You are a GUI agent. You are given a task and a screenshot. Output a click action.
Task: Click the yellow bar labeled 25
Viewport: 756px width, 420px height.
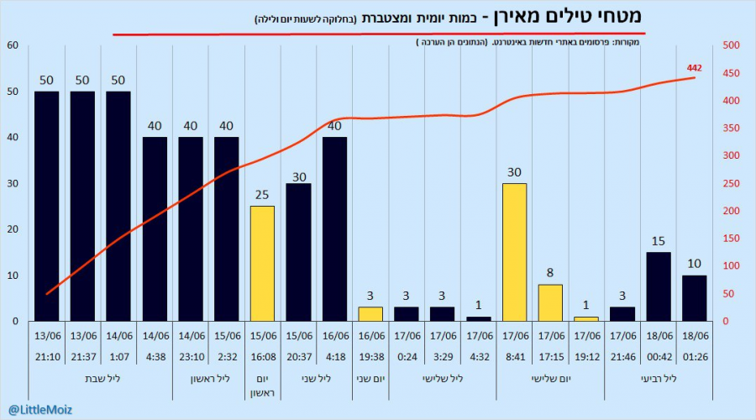262,264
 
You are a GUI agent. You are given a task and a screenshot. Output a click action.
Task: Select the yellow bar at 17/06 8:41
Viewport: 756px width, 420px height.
514,252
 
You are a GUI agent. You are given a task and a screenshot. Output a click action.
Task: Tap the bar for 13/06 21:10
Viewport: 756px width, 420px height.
47,207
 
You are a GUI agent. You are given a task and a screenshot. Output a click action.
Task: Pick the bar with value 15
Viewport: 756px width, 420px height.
659,287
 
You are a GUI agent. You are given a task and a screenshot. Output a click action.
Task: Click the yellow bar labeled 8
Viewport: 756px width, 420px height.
550,303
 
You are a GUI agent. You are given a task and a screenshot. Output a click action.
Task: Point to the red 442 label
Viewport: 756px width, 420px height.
695,68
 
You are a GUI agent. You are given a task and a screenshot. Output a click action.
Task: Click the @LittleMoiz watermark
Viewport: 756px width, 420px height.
40,410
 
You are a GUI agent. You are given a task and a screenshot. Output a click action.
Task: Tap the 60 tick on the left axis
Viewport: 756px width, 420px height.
13,45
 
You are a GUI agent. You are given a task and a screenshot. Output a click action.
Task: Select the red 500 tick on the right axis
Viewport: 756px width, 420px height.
731,45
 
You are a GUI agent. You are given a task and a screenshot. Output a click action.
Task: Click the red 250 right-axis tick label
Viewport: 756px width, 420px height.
731,183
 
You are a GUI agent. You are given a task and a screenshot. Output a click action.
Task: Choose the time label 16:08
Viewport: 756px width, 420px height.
263,357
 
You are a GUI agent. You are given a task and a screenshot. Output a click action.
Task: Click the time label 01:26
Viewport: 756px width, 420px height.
696,357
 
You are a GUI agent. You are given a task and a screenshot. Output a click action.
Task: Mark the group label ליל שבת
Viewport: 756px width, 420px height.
102,379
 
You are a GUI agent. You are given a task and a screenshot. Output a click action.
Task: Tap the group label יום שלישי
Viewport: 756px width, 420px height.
550,379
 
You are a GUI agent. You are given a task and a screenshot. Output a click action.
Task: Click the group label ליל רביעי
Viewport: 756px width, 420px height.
659,379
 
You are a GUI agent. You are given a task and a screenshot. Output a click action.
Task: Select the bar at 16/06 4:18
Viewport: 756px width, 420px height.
334,229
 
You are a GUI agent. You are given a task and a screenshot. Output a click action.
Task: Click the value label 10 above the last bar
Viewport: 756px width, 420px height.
695,263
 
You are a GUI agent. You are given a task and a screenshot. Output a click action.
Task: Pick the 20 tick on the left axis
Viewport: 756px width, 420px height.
13,229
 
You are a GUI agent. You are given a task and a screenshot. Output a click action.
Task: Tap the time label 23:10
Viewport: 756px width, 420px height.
192,357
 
